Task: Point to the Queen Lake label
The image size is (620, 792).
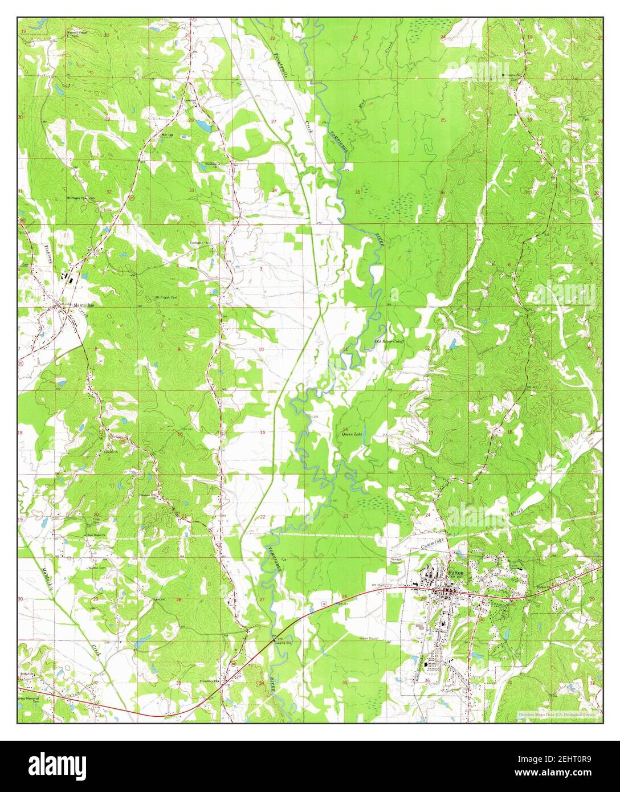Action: (x=352, y=434)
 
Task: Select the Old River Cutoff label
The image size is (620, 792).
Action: (x=389, y=341)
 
